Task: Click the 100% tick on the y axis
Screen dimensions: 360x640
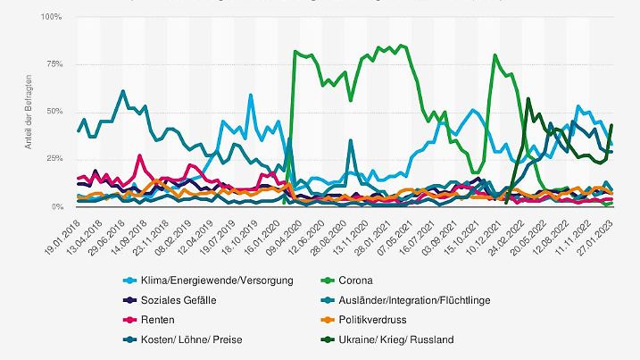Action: pyautogui.click(x=51, y=17)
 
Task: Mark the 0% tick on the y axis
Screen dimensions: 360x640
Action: pyautogui.click(x=55, y=206)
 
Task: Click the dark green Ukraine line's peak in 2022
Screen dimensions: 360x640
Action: pyautogui.click(x=528, y=99)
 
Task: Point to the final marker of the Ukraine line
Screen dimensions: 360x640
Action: pyautogui.click(x=611, y=125)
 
